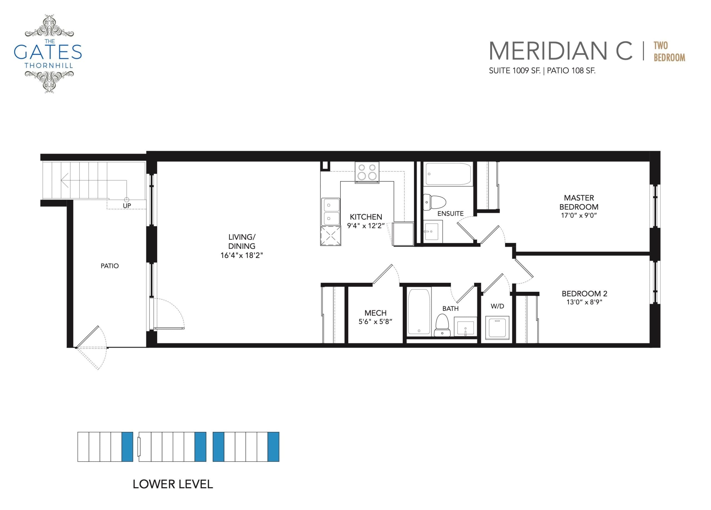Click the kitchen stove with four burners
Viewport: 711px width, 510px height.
coord(367,172)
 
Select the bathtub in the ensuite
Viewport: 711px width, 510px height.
coord(448,174)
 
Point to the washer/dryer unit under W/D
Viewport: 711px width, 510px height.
coord(497,328)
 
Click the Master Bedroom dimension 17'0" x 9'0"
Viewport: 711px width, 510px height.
coord(579,215)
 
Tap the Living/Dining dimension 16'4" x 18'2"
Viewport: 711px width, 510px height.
coord(241,255)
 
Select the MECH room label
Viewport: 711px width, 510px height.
coord(375,313)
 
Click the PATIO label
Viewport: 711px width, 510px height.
coord(109,266)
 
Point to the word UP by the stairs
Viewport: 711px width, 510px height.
coord(127,205)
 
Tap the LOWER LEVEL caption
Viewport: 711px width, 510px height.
coord(173,484)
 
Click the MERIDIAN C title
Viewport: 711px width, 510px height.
coord(560,51)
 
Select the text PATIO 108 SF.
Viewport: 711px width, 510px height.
coord(571,71)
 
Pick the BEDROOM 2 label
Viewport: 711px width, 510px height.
coord(584,293)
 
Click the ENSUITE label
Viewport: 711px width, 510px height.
coord(450,214)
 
